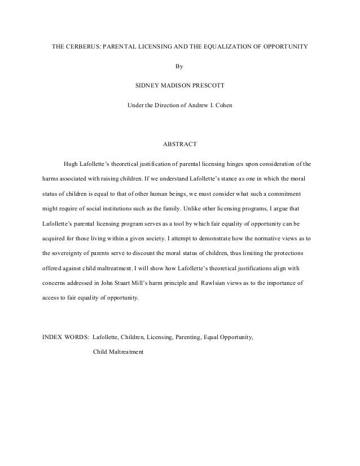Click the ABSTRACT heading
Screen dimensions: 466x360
click(179, 144)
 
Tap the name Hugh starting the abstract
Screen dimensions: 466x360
click(71, 164)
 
